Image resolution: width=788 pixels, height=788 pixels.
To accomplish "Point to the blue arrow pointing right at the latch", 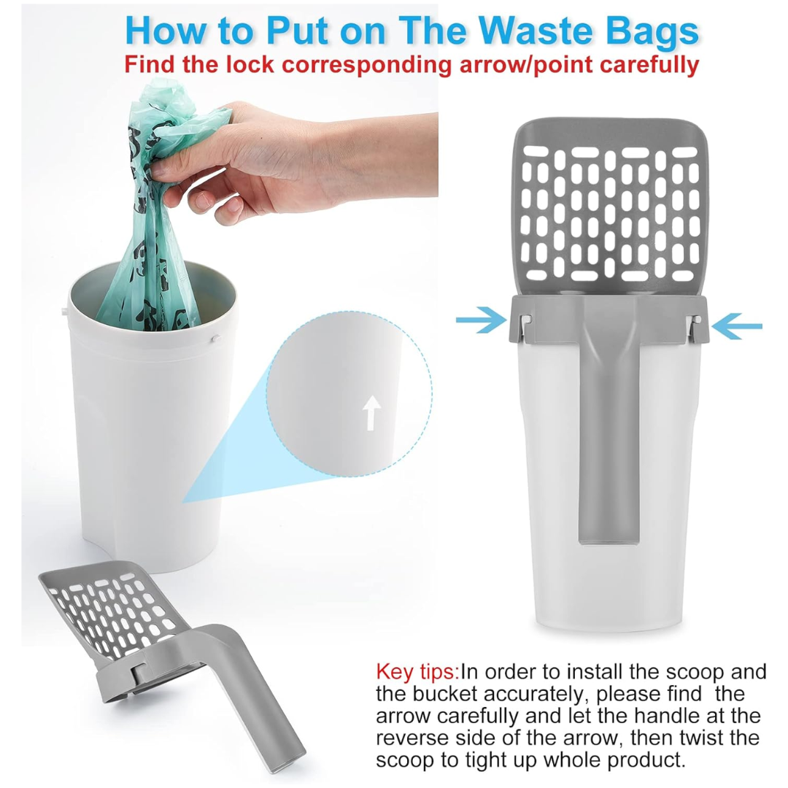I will pyautogui.click(x=481, y=320).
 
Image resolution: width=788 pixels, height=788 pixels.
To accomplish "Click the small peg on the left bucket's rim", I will pyautogui.click(x=214, y=339).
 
